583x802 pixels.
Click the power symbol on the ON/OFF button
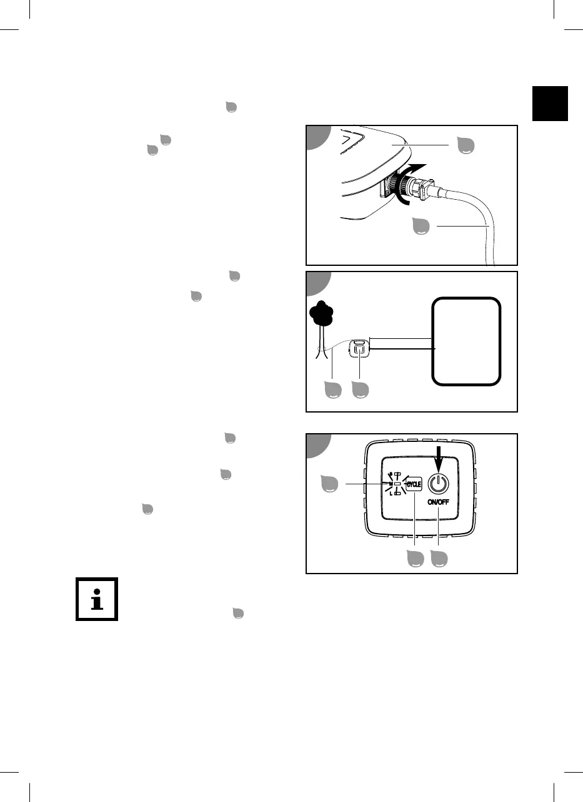[x=439, y=483]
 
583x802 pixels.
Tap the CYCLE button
[x=413, y=483]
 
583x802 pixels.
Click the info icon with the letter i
[x=96, y=599]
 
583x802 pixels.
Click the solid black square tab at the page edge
[x=551, y=104]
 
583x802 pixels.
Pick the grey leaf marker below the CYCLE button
[x=415, y=559]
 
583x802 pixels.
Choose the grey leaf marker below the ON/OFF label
[x=439, y=559]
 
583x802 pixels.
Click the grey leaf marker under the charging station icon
[x=360, y=390]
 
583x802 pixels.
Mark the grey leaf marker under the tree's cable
[x=332, y=390]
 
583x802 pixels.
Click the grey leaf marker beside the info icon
[x=237, y=613]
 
